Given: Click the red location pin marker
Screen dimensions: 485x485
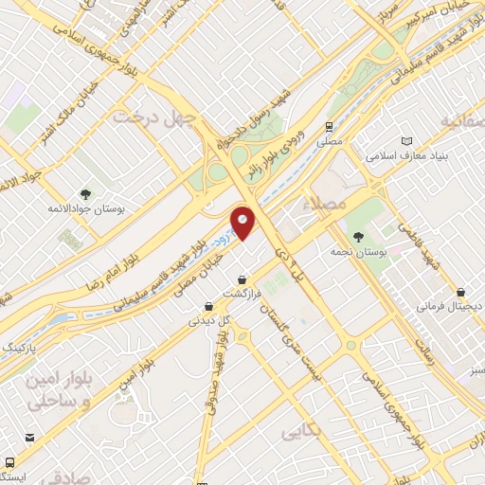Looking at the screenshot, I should [x=243, y=224].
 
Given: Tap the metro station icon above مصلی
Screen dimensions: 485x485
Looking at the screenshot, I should [x=328, y=126].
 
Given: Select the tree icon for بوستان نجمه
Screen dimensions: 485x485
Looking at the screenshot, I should [x=356, y=237].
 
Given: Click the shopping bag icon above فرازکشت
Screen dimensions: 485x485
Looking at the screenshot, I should [x=245, y=279].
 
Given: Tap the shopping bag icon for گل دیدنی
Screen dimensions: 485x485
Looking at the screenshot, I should [x=208, y=306].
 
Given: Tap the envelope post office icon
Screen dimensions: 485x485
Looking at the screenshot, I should [x=32, y=438].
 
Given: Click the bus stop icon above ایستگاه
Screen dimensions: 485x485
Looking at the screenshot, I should [x=10, y=461].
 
